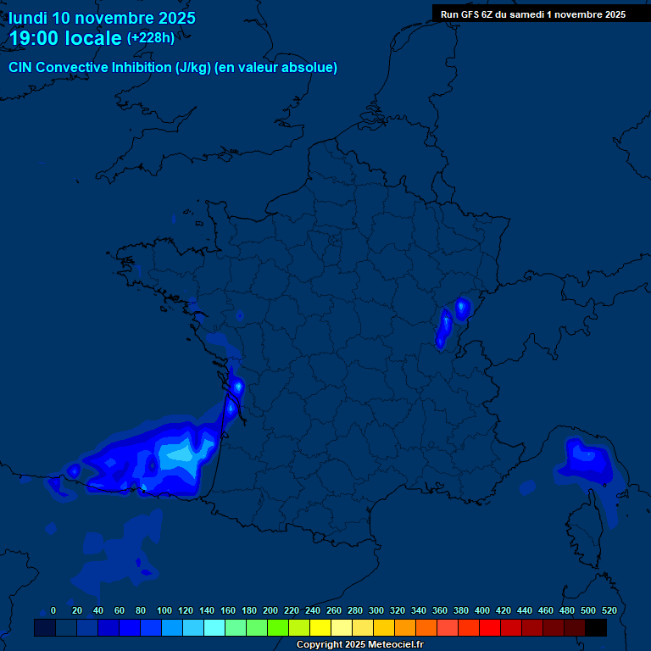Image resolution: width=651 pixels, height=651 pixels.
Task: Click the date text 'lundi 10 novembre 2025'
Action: (102, 18)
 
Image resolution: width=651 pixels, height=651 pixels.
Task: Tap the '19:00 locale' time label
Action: (65, 38)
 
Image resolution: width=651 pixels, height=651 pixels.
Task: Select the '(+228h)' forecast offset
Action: (151, 38)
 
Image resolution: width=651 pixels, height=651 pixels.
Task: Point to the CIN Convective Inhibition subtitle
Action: (173, 68)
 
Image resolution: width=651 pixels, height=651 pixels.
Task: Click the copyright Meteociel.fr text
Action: (359, 645)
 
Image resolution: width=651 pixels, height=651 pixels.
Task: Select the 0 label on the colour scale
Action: (53, 610)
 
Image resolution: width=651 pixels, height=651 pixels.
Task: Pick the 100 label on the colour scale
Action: (164, 610)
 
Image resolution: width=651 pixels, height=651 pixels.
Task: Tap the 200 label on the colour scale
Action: (270, 610)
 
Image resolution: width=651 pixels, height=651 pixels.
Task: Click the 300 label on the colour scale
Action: (376, 610)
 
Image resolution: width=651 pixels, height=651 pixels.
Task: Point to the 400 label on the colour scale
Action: (482, 610)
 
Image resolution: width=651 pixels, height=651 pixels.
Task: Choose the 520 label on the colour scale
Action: (609, 610)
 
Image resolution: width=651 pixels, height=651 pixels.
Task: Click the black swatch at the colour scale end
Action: (596, 627)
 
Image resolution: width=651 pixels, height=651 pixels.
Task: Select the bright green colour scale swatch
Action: (278, 627)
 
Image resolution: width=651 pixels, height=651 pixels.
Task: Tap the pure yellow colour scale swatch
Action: (320, 627)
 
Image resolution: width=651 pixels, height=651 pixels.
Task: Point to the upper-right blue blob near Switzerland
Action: (462, 309)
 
